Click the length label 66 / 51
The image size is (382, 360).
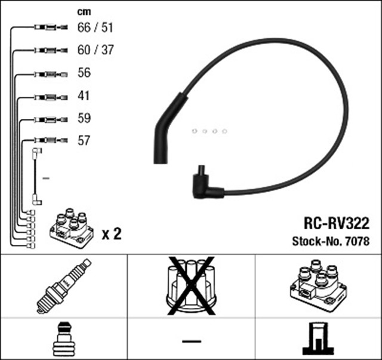[x=95, y=27]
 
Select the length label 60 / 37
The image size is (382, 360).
[x=95, y=50]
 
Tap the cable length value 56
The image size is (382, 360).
[x=84, y=73]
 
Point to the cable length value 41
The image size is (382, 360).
[x=84, y=96]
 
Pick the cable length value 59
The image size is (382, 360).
[x=84, y=118]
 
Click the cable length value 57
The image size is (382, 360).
[x=84, y=141]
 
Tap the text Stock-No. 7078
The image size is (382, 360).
[x=330, y=242]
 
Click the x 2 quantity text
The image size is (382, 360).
[x=112, y=233]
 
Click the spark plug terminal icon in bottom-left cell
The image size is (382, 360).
[x=64, y=339]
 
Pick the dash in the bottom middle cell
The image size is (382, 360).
[x=191, y=340]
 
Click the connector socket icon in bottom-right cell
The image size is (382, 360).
[x=318, y=339]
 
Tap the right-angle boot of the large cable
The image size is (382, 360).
[x=203, y=184]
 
